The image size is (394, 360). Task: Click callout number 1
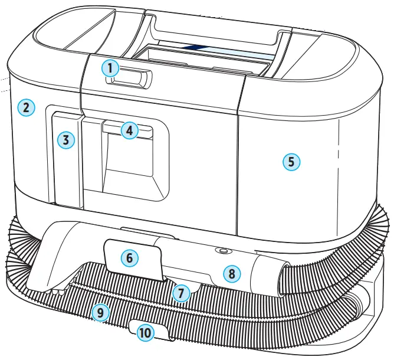pos(110,68)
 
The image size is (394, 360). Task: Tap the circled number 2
pos(27,107)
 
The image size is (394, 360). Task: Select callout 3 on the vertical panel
pos(66,140)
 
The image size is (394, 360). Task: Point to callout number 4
pos(130,130)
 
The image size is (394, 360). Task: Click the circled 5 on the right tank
pos(291,162)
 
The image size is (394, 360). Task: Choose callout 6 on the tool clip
pos(130,258)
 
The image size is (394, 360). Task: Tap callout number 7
pos(182,291)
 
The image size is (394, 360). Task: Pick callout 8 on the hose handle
pos(232,273)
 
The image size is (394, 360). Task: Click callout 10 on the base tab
pos(145,333)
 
